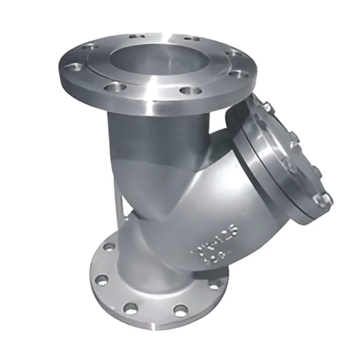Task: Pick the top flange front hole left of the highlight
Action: [x=115, y=89]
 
